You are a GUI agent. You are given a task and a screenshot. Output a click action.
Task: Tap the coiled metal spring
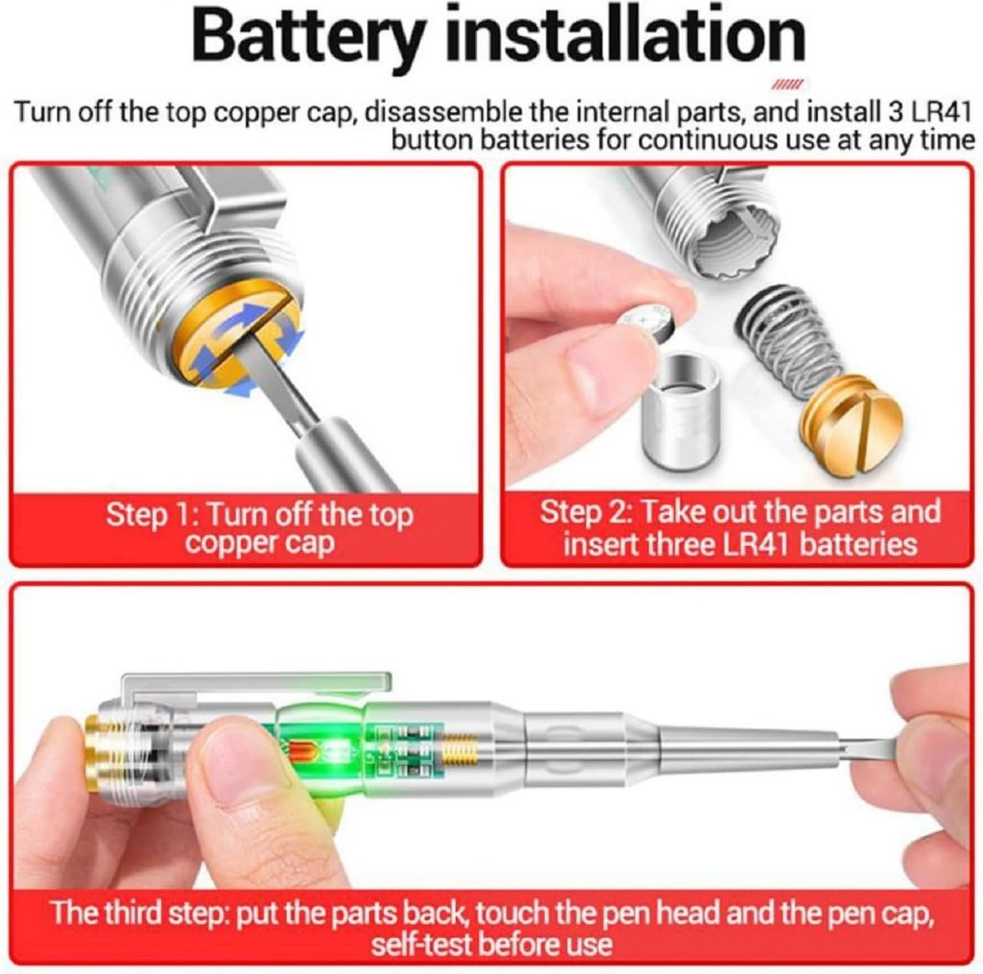pos(789,340)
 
